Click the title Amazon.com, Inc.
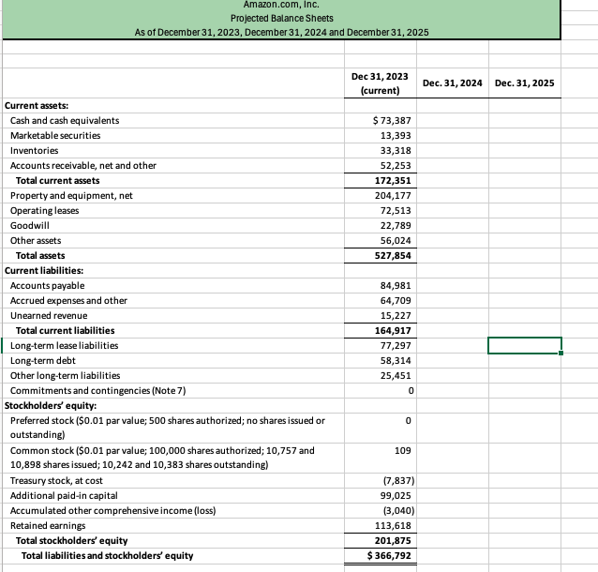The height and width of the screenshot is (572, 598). tap(281, 6)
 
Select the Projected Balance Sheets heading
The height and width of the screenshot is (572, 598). tap(281, 19)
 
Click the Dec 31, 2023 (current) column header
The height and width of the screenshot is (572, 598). tap(380, 83)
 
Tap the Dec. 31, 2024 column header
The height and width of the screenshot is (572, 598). tap(452, 83)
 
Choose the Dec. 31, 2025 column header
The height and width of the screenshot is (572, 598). tap(524, 83)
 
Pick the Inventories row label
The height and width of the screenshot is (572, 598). tap(34, 150)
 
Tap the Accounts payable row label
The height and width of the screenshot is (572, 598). tap(47, 285)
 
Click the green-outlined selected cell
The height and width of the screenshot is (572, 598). tap(524, 345)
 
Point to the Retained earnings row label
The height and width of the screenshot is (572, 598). tap(47, 525)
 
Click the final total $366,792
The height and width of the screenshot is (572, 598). tap(389, 555)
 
